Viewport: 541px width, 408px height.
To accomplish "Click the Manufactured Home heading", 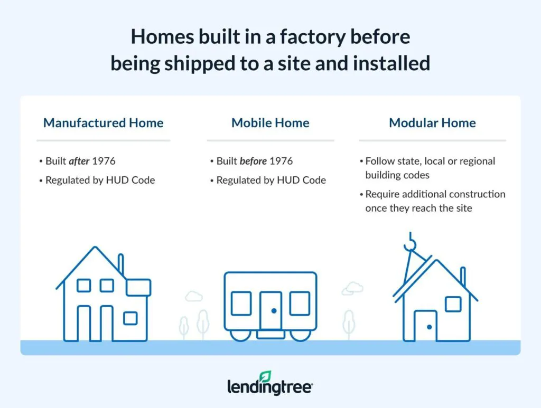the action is tap(103, 122).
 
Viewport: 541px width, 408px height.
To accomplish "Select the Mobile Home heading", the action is tap(270, 122).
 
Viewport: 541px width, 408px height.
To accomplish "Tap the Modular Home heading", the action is tap(432, 122).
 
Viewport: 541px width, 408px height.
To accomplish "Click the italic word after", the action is tap(79, 161).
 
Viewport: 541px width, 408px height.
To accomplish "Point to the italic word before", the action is tap(253, 161).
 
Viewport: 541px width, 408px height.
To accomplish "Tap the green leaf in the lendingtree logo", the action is tap(265, 376).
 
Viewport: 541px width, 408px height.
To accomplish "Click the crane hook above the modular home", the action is tap(410, 242).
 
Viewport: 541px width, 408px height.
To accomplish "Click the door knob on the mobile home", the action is tap(274, 311).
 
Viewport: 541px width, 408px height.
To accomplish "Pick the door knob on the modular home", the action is tap(429, 327).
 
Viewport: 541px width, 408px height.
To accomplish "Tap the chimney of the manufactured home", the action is tap(121, 264).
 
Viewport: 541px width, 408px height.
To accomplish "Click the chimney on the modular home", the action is tap(463, 277).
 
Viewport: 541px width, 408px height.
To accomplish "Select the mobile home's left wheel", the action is tap(240, 336).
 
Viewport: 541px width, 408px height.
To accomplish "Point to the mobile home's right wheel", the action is tap(300, 336).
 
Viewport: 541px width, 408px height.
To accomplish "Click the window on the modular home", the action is tap(453, 304).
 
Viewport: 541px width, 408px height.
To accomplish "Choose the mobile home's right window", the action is tap(300, 303).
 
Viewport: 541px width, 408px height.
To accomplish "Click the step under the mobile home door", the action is tap(270, 334).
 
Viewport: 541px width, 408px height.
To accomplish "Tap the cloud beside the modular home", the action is tap(352, 288).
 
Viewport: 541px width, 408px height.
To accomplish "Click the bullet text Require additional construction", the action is tap(435, 194).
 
